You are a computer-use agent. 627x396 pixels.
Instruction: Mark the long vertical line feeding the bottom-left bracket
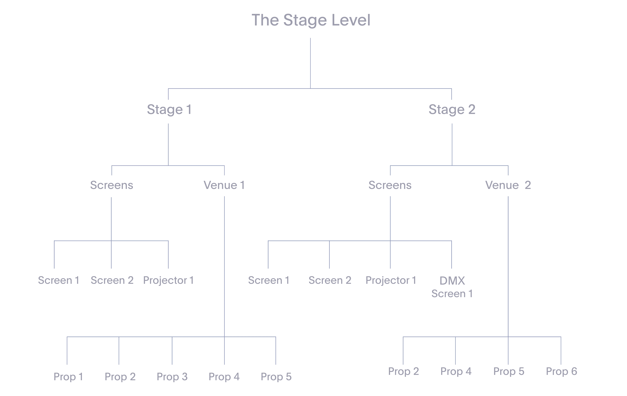[224, 266]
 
